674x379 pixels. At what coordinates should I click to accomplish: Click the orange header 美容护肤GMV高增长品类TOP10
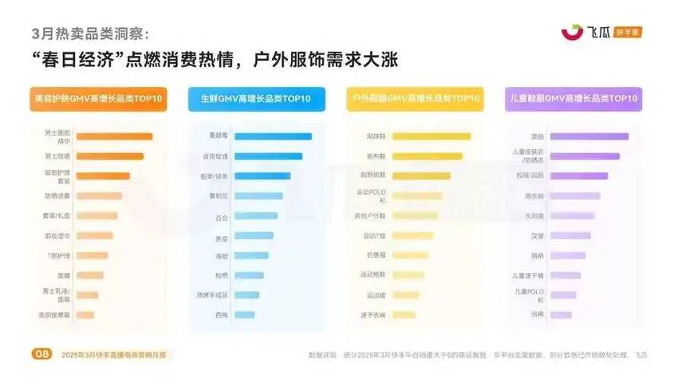98,98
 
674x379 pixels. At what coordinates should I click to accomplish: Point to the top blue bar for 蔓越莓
274,136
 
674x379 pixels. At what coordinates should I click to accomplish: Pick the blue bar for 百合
256,215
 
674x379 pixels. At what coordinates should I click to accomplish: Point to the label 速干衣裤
376,315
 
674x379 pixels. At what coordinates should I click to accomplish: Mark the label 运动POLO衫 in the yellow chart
376,195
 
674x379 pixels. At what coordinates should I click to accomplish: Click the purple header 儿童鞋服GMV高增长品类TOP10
573,98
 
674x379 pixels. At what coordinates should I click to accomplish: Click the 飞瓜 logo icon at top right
572,32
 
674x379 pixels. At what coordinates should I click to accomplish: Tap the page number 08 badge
39,353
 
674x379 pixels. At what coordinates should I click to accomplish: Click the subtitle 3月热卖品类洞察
89,33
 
